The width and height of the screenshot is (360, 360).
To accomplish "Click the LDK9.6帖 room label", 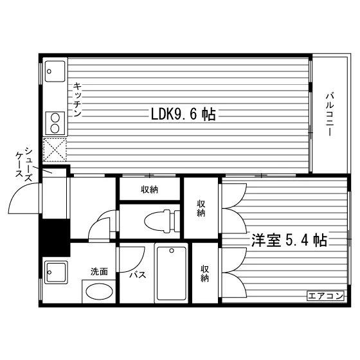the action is point(183,114).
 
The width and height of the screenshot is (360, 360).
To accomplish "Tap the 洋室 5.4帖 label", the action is point(289,240).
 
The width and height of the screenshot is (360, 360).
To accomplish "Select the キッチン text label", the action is point(77,100).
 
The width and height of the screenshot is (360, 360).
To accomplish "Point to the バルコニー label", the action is point(330,114).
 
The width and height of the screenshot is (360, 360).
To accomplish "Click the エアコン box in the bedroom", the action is point(325,296).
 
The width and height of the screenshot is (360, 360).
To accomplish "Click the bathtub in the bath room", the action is point(172,273).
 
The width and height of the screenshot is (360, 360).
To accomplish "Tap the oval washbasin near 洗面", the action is point(99,292).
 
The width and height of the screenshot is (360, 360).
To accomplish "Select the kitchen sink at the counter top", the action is point(55,71).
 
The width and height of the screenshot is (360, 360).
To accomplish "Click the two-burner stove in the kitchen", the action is point(55,123).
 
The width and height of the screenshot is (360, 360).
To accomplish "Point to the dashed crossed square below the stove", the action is point(55,149).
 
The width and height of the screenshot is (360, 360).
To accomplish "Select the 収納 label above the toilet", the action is point(149,190).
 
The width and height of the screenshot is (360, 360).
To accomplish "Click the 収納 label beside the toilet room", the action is point(201,208).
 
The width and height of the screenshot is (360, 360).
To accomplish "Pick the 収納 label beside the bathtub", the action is point(204,273).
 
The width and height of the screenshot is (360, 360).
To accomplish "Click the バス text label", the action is point(138,274).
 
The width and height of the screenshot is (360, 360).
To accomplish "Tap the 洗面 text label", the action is point(99,271).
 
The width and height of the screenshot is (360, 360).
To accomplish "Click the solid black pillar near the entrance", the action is point(55,238).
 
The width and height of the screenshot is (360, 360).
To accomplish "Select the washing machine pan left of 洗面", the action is point(55,273).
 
